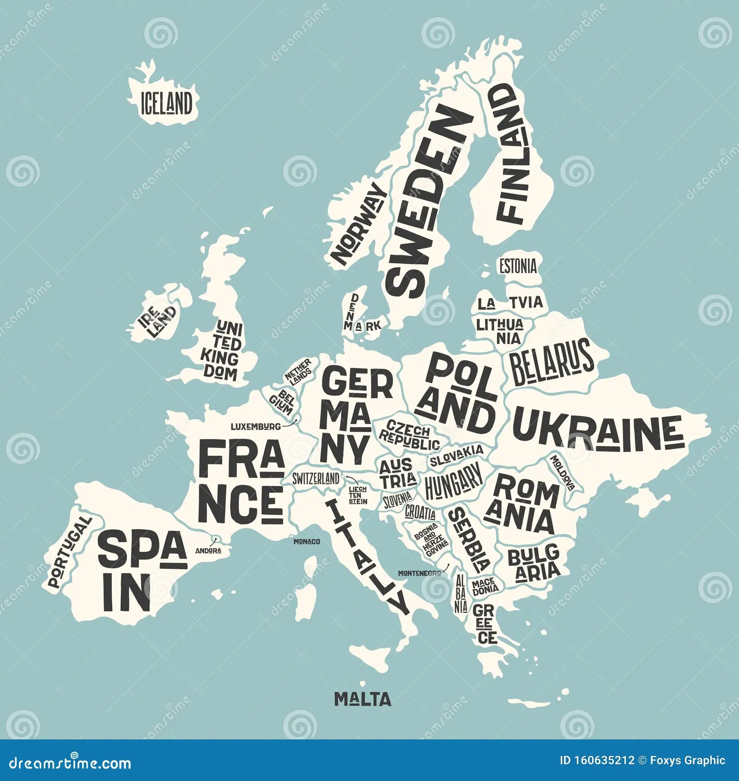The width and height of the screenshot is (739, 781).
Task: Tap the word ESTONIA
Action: [x=518, y=266]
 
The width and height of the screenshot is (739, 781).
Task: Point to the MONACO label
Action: [x=307, y=541]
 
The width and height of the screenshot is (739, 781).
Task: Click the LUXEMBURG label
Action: [x=255, y=427]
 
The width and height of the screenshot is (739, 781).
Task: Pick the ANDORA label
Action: [x=208, y=550]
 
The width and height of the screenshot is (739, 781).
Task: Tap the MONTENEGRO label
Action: [x=419, y=573]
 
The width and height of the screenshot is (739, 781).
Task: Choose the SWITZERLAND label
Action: [x=315, y=479]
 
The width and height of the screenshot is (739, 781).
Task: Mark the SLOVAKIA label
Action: [x=456, y=456]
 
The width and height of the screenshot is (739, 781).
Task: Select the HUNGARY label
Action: [x=453, y=482]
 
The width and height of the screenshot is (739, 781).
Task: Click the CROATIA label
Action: [x=420, y=512]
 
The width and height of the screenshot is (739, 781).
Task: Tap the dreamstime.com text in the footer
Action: [x=64, y=763]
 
